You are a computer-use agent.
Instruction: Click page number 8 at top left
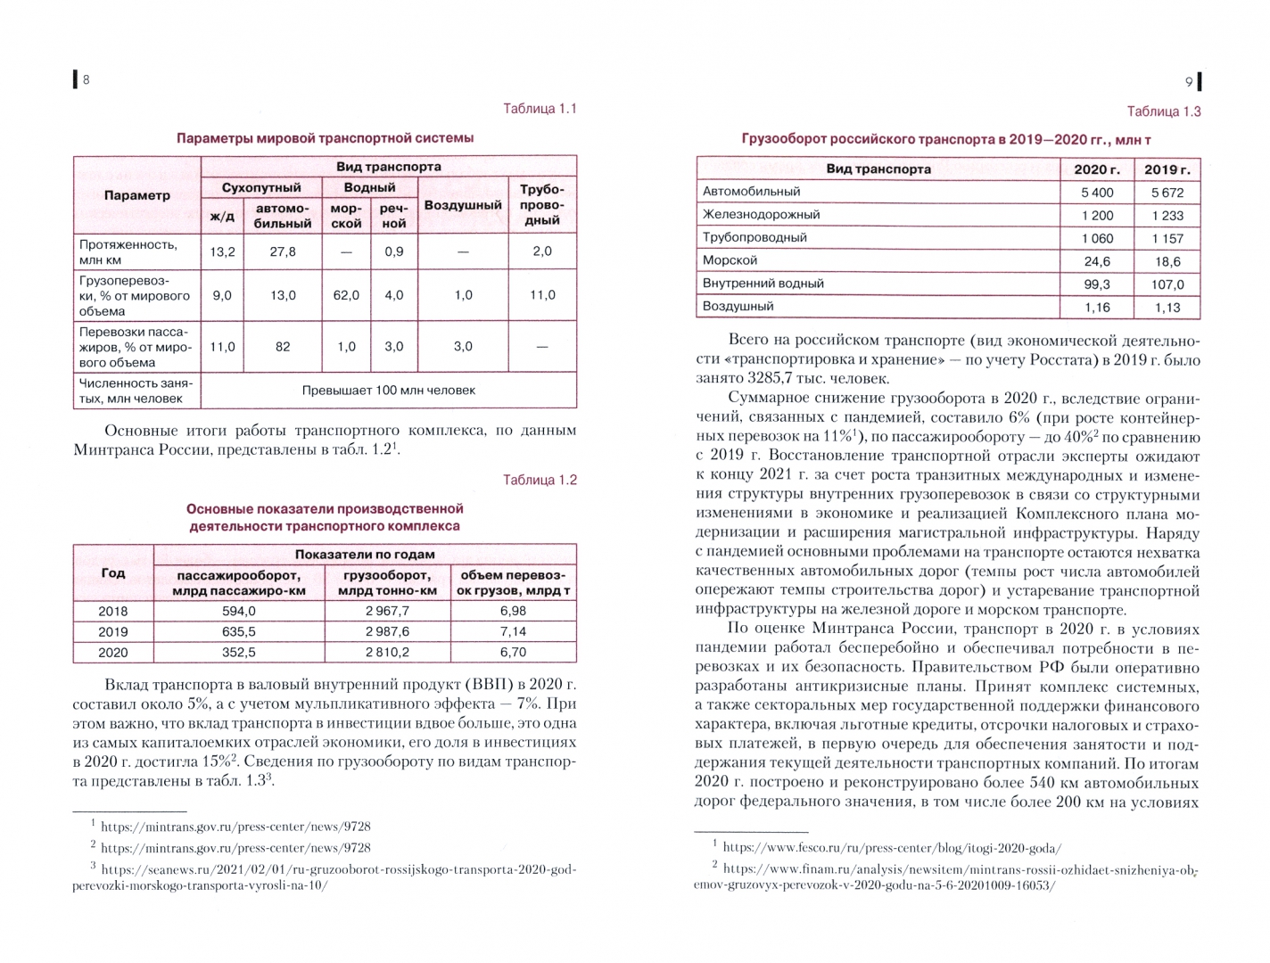pyautogui.click(x=86, y=80)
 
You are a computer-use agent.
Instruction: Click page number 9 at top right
pyautogui.click(x=1189, y=82)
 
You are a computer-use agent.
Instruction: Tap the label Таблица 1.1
pyautogui.click(x=540, y=109)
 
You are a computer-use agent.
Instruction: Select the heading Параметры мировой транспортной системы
pyautogui.click(x=325, y=138)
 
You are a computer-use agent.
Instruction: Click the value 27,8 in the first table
pyautogui.click(x=283, y=251)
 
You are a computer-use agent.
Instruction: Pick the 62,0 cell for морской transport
pyautogui.click(x=346, y=295)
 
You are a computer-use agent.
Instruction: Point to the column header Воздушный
pyautogui.click(x=463, y=205)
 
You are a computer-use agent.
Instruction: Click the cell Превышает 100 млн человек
pyautogui.click(x=389, y=391)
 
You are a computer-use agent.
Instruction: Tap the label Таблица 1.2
pyautogui.click(x=540, y=480)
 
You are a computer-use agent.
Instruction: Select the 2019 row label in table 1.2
pyautogui.click(x=113, y=631)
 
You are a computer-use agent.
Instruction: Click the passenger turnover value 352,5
pyautogui.click(x=238, y=652)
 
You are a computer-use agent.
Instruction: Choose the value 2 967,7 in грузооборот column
pyautogui.click(x=387, y=611)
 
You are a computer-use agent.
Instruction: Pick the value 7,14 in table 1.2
pyautogui.click(x=513, y=631)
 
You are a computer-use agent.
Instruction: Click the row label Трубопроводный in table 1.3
pyautogui.click(x=755, y=237)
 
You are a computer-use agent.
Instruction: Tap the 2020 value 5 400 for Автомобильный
pyautogui.click(x=1097, y=192)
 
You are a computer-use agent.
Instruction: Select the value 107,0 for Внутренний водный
pyautogui.click(x=1167, y=284)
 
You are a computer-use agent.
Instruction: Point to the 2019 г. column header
pyautogui.click(x=1167, y=169)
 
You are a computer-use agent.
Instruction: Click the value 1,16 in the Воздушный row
pyautogui.click(x=1097, y=308)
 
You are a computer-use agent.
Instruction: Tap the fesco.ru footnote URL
pyautogui.click(x=892, y=848)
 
